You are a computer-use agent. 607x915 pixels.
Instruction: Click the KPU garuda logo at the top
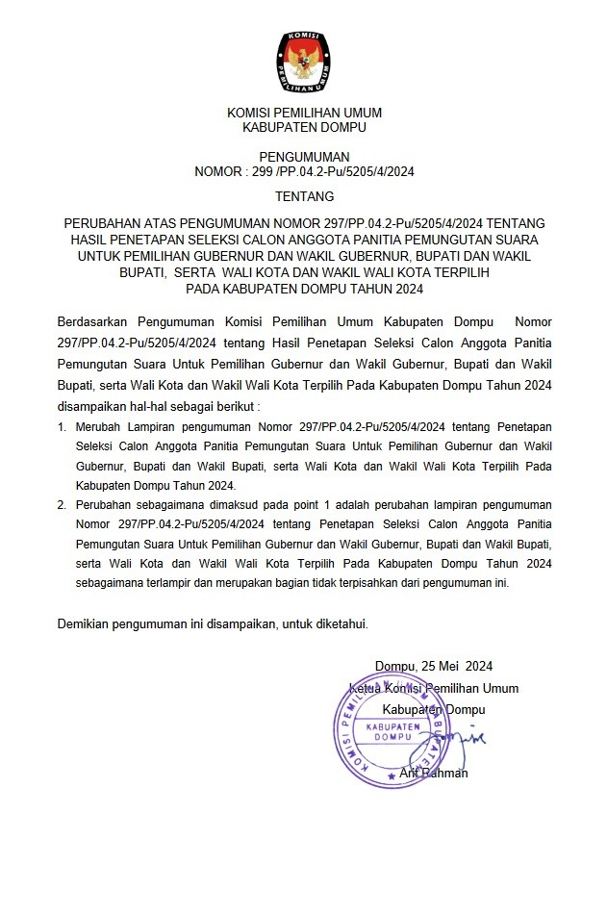pyautogui.click(x=304, y=59)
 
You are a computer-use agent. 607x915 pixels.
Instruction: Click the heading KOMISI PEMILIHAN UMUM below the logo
pyautogui.click(x=304, y=113)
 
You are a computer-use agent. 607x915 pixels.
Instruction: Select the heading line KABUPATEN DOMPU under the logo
pyautogui.click(x=304, y=127)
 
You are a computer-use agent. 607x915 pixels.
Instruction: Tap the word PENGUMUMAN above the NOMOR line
pyautogui.click(x=304, y=157)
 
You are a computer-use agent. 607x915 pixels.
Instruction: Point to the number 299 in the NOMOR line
pyautogui.click(x=264, y=172)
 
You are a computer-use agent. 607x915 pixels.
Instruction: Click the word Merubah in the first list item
pyautogui.click(x=99, y=426)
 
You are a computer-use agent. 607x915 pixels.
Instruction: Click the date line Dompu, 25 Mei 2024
pyautogui.click(x=433, y=666)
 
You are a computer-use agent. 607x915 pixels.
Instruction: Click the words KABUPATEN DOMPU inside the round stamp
pyautogui.click(x=392, y=728)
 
